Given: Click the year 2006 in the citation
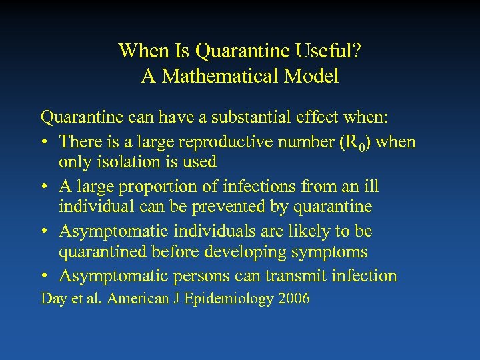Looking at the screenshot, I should point(293,298).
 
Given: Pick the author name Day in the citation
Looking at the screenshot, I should point(53,299).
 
